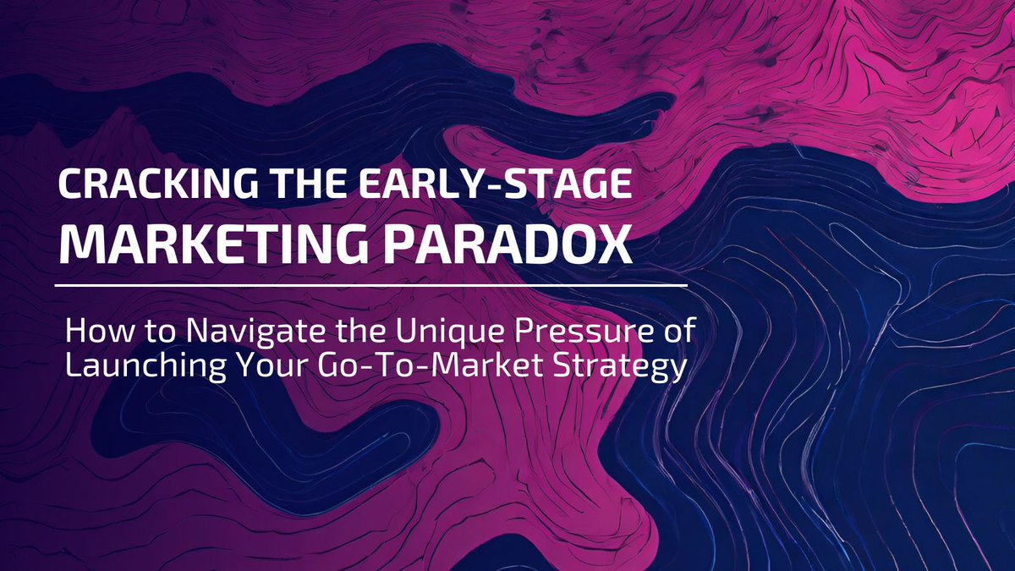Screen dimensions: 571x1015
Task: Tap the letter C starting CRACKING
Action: point(67,185)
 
